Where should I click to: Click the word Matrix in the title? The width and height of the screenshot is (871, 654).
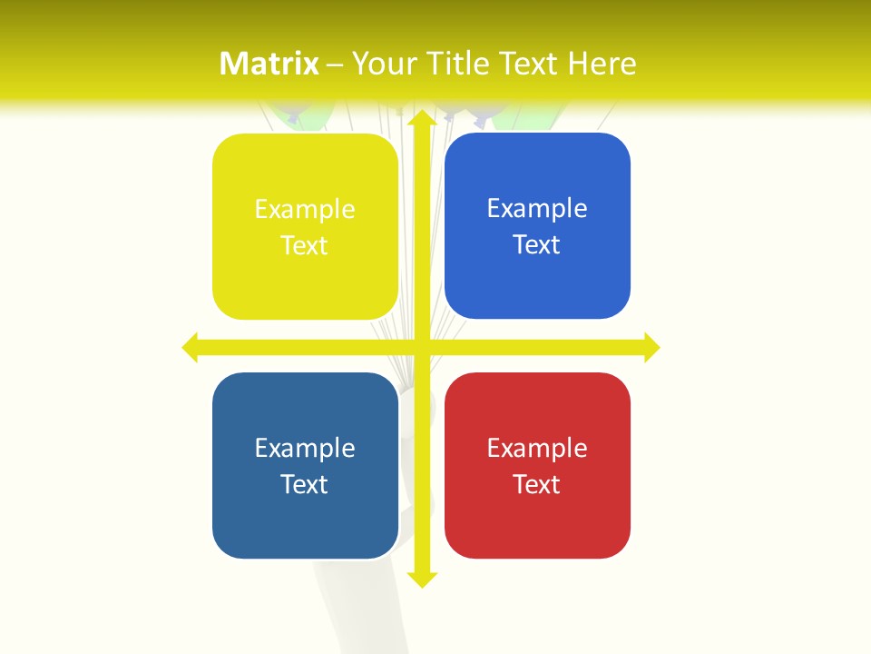[269, 64]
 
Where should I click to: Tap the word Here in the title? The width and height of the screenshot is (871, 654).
[602, 64]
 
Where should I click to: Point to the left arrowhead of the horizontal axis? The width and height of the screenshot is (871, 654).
[191, 347]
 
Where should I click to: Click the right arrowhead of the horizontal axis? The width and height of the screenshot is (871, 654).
[651, 347]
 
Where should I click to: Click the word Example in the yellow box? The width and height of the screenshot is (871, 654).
[305, 209]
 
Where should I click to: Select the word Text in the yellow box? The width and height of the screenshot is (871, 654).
[305, 245]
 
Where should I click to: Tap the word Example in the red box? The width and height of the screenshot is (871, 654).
[537, 448]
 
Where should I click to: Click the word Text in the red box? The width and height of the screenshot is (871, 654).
[537, 484]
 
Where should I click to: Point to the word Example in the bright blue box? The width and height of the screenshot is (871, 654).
[537, 208]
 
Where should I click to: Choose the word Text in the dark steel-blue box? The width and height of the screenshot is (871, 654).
[305, 484]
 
